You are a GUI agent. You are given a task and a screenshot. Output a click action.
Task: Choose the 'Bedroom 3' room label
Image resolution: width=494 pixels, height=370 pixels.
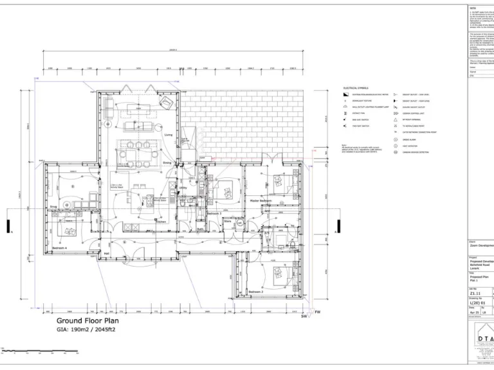(214, 213)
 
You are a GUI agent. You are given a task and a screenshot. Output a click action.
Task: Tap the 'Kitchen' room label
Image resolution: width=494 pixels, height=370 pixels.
(161, 222)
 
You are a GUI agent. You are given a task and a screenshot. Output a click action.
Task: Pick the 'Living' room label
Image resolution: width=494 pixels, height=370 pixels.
(169, 135)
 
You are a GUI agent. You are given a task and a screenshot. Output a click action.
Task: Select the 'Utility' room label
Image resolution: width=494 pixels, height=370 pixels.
(183, 188)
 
